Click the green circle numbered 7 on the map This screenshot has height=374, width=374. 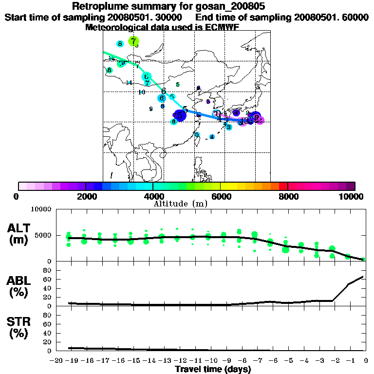click(133, 41)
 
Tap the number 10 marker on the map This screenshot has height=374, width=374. click(142, 92)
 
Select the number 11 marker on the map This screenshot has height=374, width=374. click(129, 83)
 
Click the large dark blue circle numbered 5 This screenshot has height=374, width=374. click(181, 115)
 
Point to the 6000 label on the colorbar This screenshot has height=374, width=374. click(220, 196)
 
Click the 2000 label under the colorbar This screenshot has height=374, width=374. click(85, 196)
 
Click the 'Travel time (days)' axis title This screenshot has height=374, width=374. click(213, 370)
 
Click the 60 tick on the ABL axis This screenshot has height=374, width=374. click(48, 279)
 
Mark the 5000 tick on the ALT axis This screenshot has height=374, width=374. click(43, 235)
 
